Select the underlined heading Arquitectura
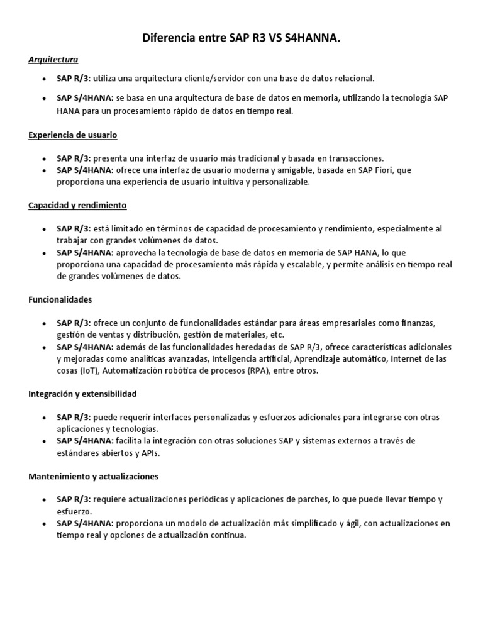tap(53, 60)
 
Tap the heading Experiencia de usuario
tap(73, 135)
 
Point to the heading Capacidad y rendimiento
tap(78, 205)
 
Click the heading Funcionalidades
tap(60, 299)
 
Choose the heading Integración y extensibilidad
tap(82, 394)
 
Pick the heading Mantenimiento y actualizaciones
tap(93, 476)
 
